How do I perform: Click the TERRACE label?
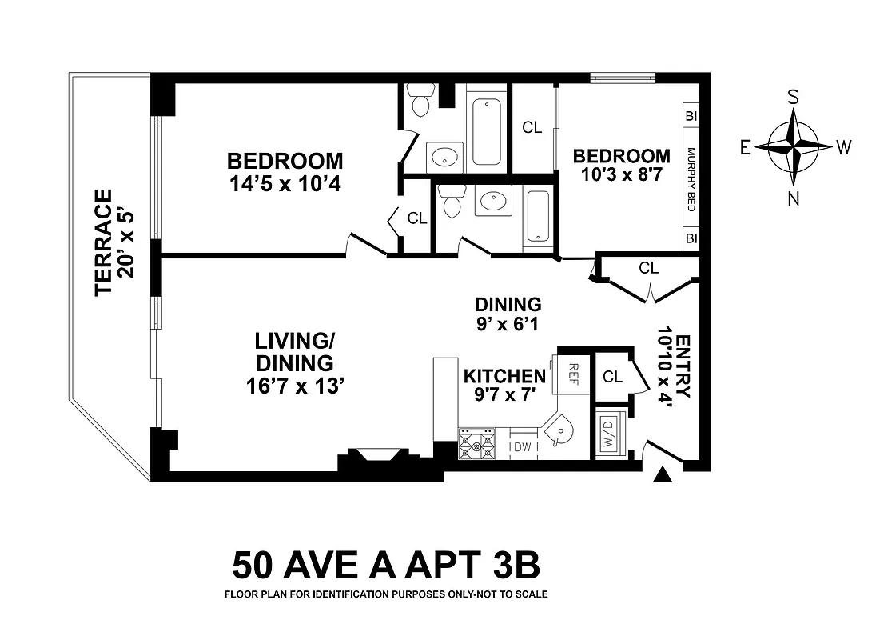click(x=104, y=242)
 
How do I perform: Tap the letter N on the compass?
click(x=794, y=200)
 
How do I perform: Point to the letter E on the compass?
click(x=745, y=147)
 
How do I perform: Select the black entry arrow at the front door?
click(x=661, y=475)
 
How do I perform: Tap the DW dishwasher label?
click(x=523, y=447)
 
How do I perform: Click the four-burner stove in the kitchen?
click(x=477, y=444)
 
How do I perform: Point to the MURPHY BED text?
click(x=691, y=180)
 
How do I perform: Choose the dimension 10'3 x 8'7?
click(x=621, y=176)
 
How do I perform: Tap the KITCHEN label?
click(x=504, y=376)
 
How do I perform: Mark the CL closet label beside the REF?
click(x=613, y=377)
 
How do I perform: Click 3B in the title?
click(x=512, y=566)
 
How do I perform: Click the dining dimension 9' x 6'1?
click(x=508, y=324)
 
